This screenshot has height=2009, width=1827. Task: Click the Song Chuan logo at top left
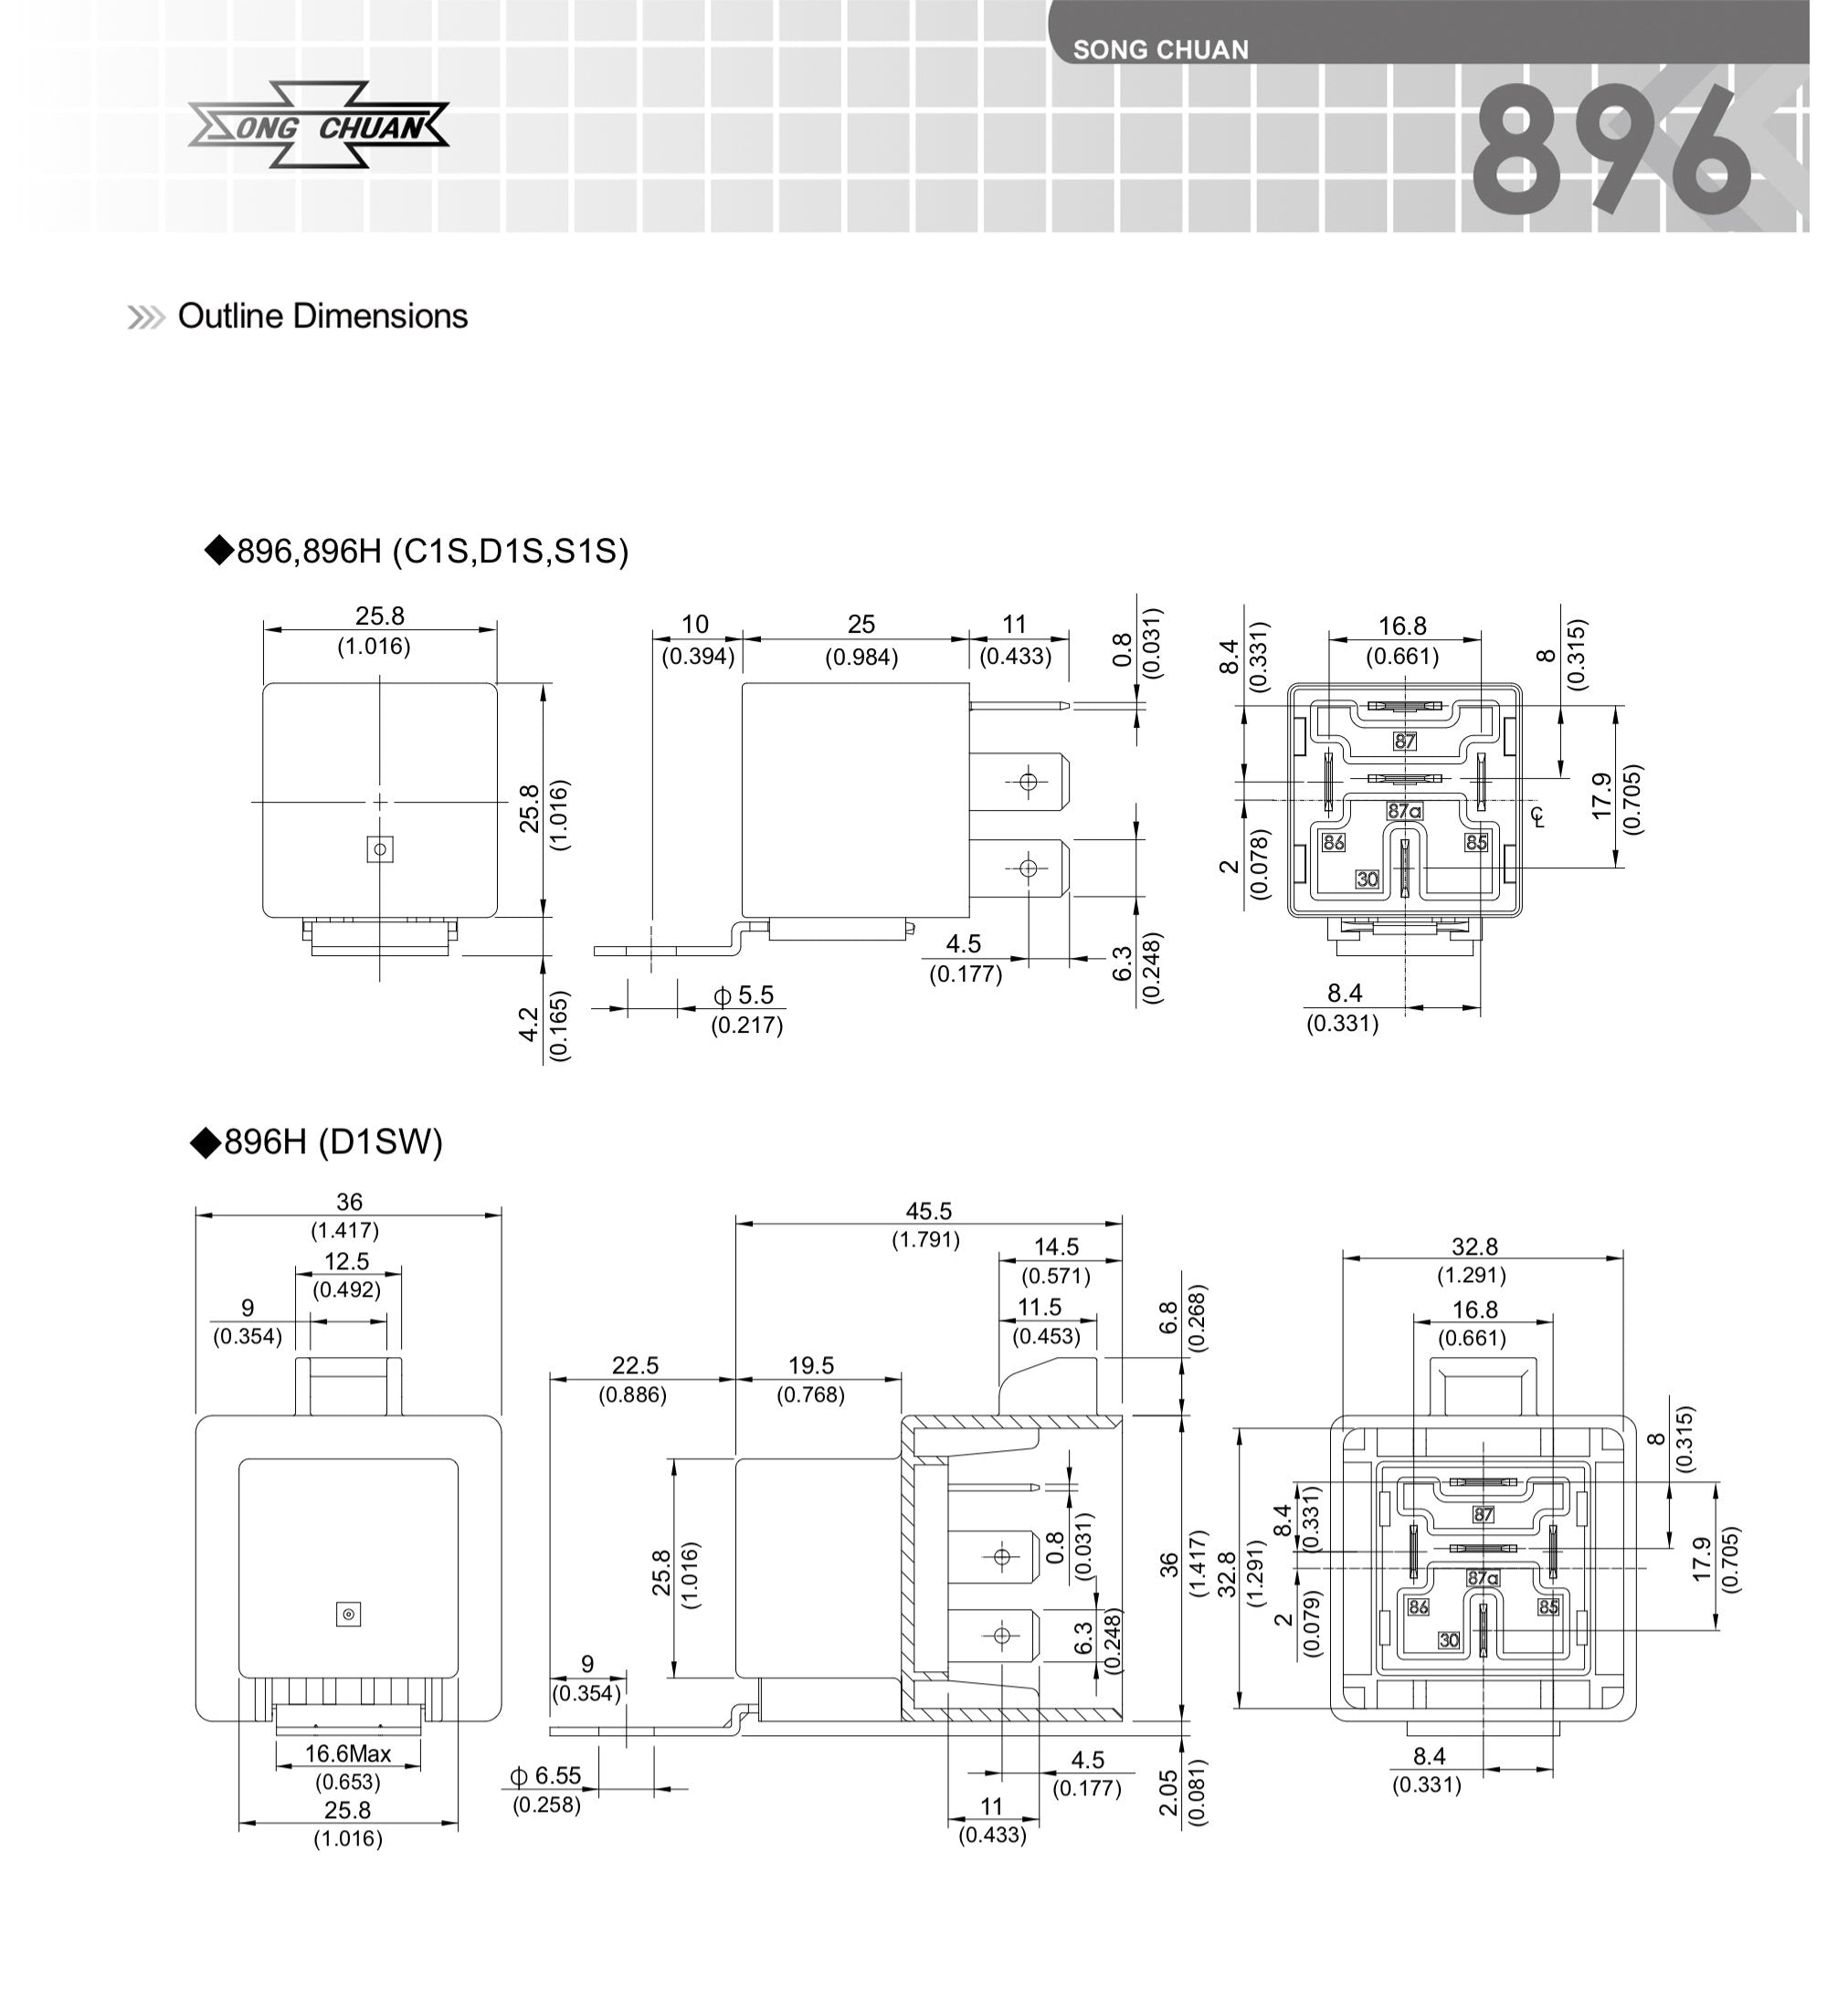point(318,126)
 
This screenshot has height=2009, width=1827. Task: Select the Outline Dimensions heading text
point(321,316)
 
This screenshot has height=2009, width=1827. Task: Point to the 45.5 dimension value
point(927,1211)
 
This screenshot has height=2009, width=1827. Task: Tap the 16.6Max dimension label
point(348,1754)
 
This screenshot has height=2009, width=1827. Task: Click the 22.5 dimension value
point(635,1365)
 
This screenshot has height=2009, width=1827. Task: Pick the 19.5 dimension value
point(810,1365)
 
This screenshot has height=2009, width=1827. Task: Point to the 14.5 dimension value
point(1055,1246)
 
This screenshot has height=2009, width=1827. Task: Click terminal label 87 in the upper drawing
point(1404,742)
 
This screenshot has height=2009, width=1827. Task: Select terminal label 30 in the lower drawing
point(1448,1640)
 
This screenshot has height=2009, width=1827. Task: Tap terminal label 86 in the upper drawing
point(1333,843)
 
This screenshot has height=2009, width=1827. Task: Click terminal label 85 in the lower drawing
point(1547,1607)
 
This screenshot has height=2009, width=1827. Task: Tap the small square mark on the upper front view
point(380,849)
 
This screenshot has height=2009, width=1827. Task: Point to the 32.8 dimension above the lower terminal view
point(1473,1246)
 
